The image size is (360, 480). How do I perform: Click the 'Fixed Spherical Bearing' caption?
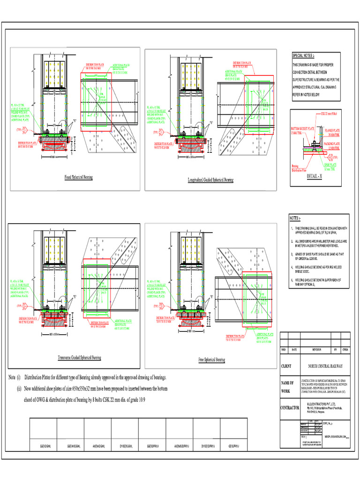pos(78,178)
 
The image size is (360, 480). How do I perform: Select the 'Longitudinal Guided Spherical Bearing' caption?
pos(210,180)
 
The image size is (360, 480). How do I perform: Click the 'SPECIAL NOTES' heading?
pos(304,55)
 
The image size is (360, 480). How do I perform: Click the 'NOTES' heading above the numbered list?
pos(294,218)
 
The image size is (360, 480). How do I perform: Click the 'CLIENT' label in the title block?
pos(286,366)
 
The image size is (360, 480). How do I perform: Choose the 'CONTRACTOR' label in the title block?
pos(290,408)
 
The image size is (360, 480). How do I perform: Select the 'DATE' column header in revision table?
pos(294,350)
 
